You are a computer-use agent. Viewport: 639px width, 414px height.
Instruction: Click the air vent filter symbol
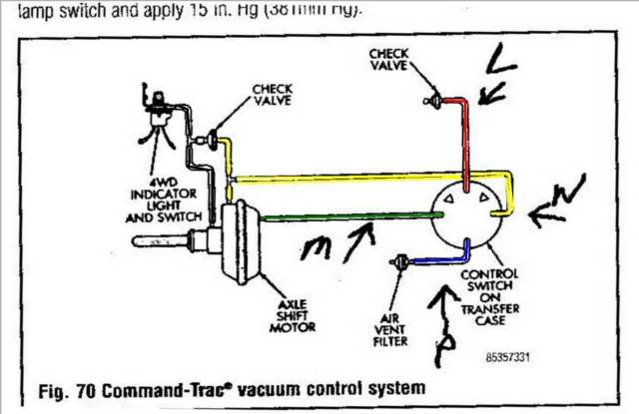400,261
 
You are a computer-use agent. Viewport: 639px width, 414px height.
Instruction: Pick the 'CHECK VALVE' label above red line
388,57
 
